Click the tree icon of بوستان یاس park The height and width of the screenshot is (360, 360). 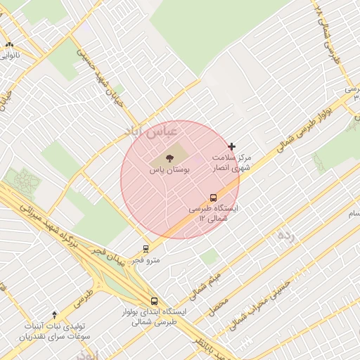coord(169,157)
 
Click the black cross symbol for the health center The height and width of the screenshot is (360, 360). coord(232,146)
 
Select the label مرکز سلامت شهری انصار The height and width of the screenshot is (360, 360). coord(231,163)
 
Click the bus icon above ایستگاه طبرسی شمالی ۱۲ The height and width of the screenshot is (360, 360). coord(213,198)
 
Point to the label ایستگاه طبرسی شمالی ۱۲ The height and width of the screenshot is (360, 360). coord(214,214)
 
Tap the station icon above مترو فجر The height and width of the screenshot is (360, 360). coord(146,248)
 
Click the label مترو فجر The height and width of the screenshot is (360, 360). coord(146,260)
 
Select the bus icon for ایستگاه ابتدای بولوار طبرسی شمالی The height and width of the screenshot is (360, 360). coord(155,301)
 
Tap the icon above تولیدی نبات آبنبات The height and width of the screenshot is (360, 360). coord(55,314)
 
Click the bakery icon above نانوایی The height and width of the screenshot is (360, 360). coord(9,44)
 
